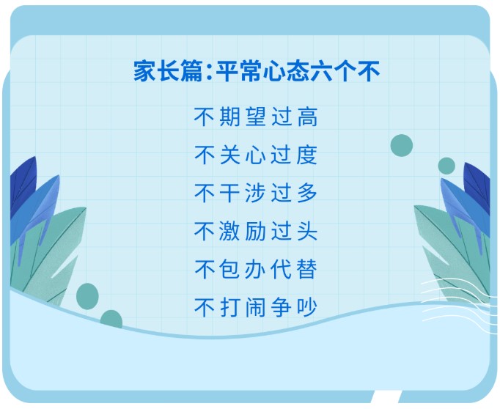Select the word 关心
click(243, 155)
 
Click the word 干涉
click(243, 194)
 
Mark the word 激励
click(243, 232)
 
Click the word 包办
click(243, 270)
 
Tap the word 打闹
click(243, 308)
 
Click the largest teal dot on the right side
click(402, 145)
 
